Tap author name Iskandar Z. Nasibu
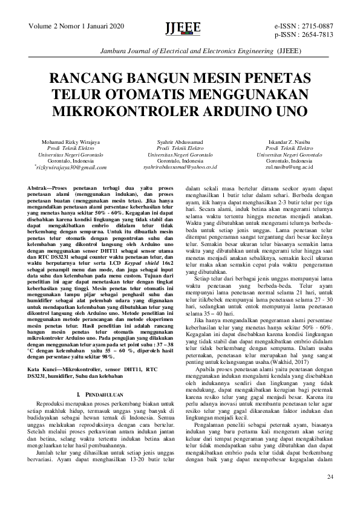[x=289, y=142]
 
